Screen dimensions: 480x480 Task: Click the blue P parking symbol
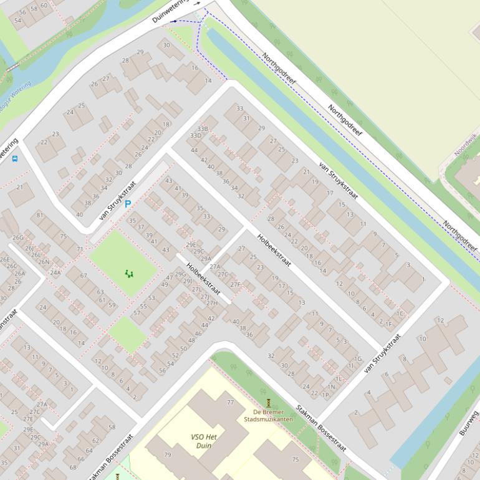click(x=128, y=204)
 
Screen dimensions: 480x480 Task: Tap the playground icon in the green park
click(x=129, y=273)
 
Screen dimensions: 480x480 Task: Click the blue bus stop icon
click(x=15, y=158)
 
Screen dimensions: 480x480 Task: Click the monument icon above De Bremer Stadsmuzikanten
click(x=269, y=402)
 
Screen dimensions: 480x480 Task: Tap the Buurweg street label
click(x=468, y=423)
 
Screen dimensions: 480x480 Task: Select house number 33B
click(x=203, y=128)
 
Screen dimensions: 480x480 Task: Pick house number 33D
click(x=196, y=135)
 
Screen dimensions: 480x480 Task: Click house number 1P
click(x=325, y=394)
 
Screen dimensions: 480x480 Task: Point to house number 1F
click(x=388, y=324)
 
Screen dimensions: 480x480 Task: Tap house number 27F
click(x=235, y=284)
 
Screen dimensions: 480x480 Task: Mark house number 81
click(x=40, y=215)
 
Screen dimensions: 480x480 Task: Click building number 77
click(x=230, y=403)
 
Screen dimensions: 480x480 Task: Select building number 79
click(x=167, y=454)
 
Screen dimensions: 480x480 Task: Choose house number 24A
click(x=55, y=272)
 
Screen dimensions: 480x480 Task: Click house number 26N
click(x=44, y=262)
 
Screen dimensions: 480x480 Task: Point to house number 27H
click(x=212, y=303)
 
